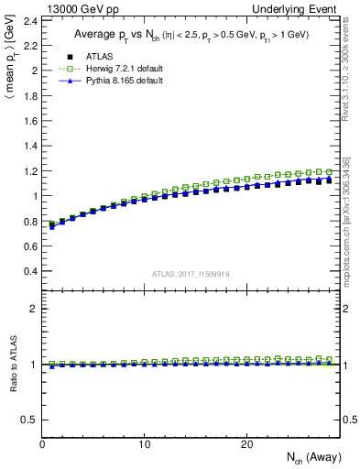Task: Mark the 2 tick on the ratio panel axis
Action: pyautogui.click(x=33, y=309)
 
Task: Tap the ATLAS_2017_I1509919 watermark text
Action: pyautogui.click(x=190, y=273)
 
